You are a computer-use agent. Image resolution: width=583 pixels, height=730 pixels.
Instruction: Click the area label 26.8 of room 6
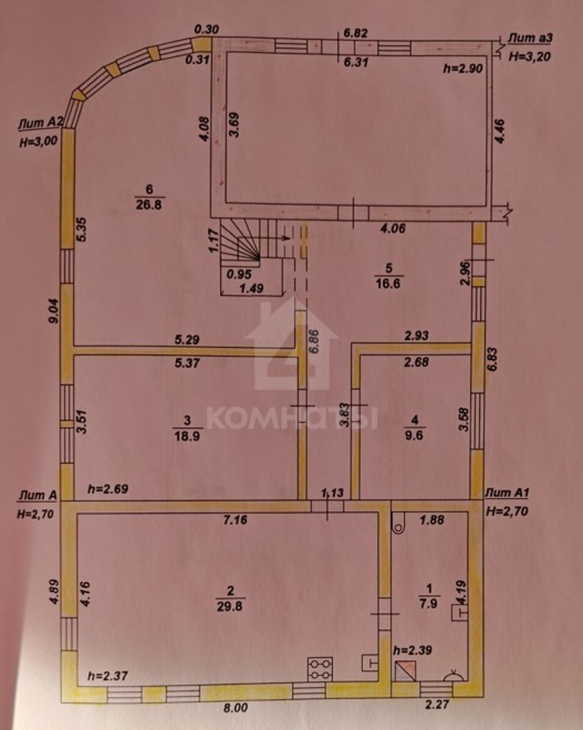[149, 205]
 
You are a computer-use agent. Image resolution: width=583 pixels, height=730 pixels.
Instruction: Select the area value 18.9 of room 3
[187, 436]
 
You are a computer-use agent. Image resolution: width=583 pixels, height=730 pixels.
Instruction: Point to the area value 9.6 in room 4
[414, 435]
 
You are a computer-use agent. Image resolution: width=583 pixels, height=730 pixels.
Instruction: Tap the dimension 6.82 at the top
[355, 33]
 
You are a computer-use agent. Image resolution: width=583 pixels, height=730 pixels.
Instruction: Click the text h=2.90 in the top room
[463, 68]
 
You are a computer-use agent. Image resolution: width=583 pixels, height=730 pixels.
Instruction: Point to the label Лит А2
[40, 123]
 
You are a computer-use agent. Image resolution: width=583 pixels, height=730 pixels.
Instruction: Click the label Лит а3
[530, 38]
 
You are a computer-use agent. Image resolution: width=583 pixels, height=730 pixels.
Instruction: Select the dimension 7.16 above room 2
[236, 520]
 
